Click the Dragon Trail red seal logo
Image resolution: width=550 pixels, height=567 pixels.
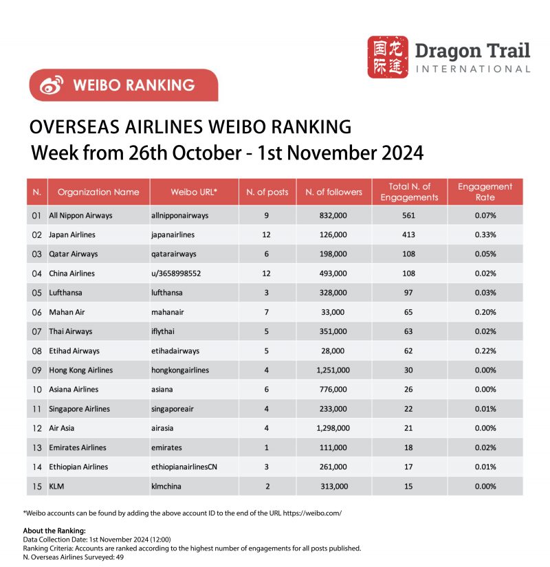click(387, 57)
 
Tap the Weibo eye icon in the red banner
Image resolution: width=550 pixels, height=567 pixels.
click(52, 85)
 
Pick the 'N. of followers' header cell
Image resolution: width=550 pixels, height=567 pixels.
click(333, 192)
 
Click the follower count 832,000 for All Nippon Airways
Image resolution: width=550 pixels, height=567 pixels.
click(333, 215)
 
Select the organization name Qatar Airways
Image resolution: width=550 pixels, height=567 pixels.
click(74, 254)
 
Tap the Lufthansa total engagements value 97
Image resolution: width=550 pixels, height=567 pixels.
click(409, 292)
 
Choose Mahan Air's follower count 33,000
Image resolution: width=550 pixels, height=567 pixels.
click(333, 312)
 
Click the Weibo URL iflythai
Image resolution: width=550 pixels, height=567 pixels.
click(166, 331)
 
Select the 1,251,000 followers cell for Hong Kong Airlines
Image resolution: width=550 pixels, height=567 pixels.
click(333, 370)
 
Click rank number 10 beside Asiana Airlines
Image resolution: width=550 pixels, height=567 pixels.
click(37, 390)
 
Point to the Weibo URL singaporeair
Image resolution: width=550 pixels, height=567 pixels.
click(172, 409)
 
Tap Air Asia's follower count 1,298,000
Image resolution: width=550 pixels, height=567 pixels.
click(333, 428)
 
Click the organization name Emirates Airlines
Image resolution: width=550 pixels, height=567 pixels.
click(78, 447)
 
